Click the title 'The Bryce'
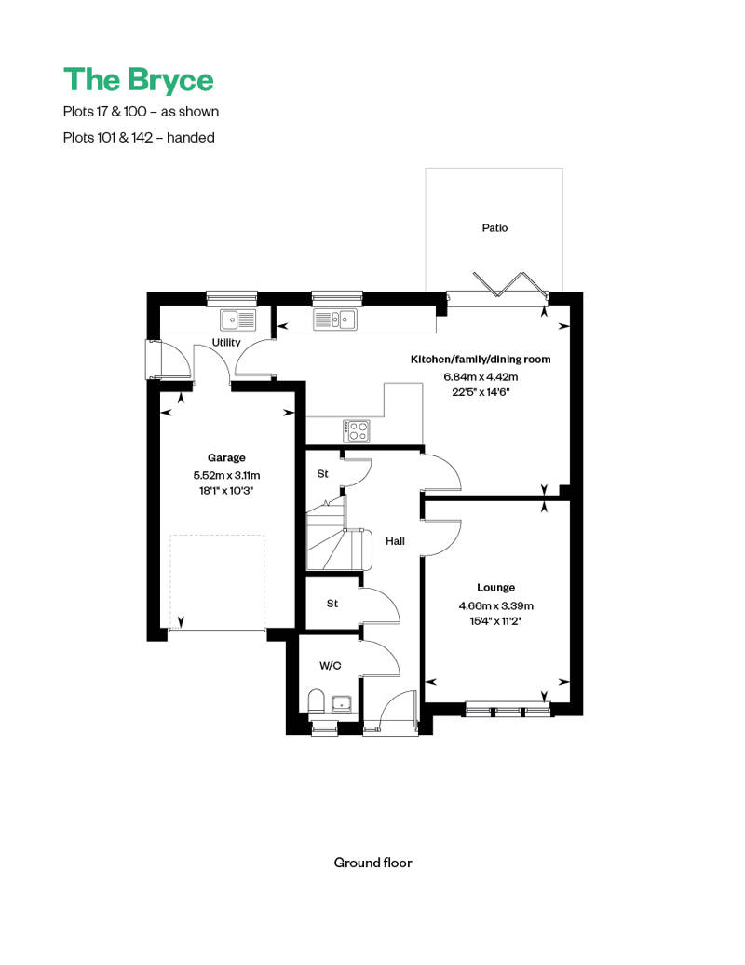(x=138, y=80)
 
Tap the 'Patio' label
(x=494, y=227)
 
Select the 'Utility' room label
(x=225, y=343)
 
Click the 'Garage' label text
(x=226, y=457)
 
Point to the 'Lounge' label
(x=495, y=588)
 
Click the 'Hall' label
(x=395, y=540)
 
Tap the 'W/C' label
(x=330, y=666)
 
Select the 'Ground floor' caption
(x=372, y=863)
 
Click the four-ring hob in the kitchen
(x=357, y=430)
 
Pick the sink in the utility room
(x=237, y=320)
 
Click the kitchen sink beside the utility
(x=333, y=320)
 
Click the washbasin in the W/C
(x=342, y=702)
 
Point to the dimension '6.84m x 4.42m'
(x=481, y=376)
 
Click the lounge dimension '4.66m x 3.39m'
(x=495, y=605)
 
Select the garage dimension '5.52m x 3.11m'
(x=226, y=474)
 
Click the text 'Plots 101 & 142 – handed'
(x=139, y=137)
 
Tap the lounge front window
(x=508, y=711)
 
